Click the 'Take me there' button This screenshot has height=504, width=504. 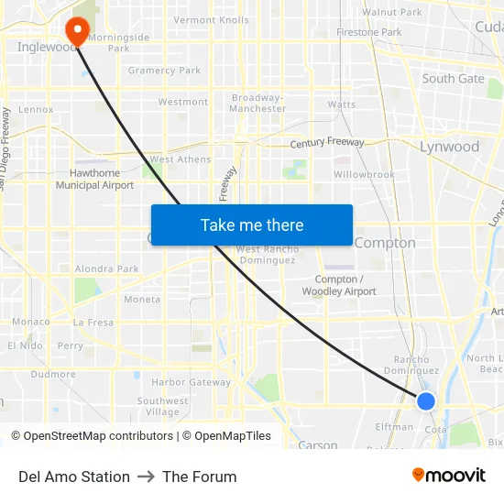[x=251, y=225]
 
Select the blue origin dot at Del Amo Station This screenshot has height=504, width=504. [x=425, y=400]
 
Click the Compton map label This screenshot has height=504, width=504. [x=384, y=243]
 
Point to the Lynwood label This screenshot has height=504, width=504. [x=449, y=147]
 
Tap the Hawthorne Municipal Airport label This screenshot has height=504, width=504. [x=94, y=179]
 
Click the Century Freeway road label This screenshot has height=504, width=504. [x=326, y=143]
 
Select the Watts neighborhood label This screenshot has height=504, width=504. [x=342, y=104]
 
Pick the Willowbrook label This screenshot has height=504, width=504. [x=364, y=174]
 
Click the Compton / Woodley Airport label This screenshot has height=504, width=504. [x=339, y=285]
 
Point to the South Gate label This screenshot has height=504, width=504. [x=453, y=79]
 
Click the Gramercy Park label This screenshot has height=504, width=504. [x=164, y=71]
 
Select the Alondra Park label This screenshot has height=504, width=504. [x=106, y=269]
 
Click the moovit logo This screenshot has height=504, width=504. [x=448, y=475]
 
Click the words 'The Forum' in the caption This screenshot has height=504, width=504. [x=199, y=477]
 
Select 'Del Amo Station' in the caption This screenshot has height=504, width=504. [x=74, y=477]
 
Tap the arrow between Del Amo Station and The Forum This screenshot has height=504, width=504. [x=146, y=477]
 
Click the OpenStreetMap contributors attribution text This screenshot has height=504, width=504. [x=93, y=436]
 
